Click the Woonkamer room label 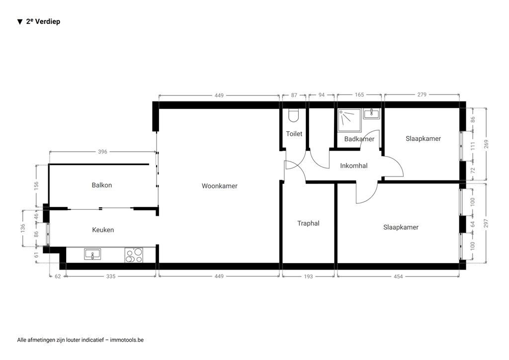pos(219,186)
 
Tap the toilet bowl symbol pos(293,115)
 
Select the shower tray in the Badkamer pos(349,120)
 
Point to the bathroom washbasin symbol pos(371,114)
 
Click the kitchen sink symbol pos(92,254)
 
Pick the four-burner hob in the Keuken pos(134,255)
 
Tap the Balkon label pos(102,185)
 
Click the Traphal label pos(308,223)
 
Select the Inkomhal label pos(354,166)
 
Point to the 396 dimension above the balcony pos(102,152)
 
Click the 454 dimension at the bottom pos(398,276)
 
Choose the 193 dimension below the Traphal pos(308,276)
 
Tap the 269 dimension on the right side pos(486,144)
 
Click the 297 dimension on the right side pos(486,223)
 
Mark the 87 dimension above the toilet pos(294,95)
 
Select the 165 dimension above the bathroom pos(359,95)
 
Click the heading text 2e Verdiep pos(43,21)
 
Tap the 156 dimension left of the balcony pos(36,185)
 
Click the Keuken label pos(103,230)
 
